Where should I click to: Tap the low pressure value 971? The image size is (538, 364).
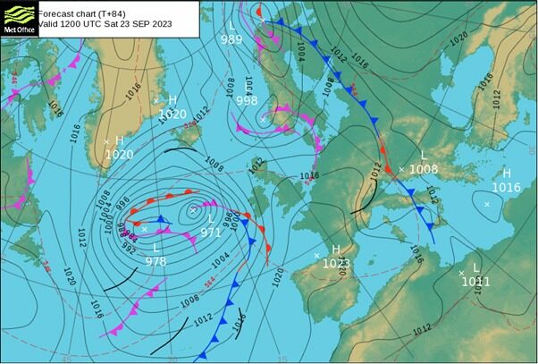click(210, 232)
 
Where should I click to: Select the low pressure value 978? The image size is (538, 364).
click(156, 261)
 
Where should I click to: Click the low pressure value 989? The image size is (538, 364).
click(231, 39)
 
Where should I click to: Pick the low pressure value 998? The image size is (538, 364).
click(247, 101)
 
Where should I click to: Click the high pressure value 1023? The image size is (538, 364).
click(335, 263)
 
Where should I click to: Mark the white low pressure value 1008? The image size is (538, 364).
click(424, 169)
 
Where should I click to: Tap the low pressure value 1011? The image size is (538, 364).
click(475, 281)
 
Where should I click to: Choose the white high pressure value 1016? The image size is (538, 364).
click(506, 187)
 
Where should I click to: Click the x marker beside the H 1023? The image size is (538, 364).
click(316, 256)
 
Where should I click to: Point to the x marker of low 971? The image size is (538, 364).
click(193, 210)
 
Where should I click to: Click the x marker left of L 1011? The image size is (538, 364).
click(461, 273)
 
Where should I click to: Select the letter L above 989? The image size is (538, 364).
click(232, 26)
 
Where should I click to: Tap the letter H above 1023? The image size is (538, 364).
click(336, 250)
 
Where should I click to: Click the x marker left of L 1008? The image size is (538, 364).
click(401, 169)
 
